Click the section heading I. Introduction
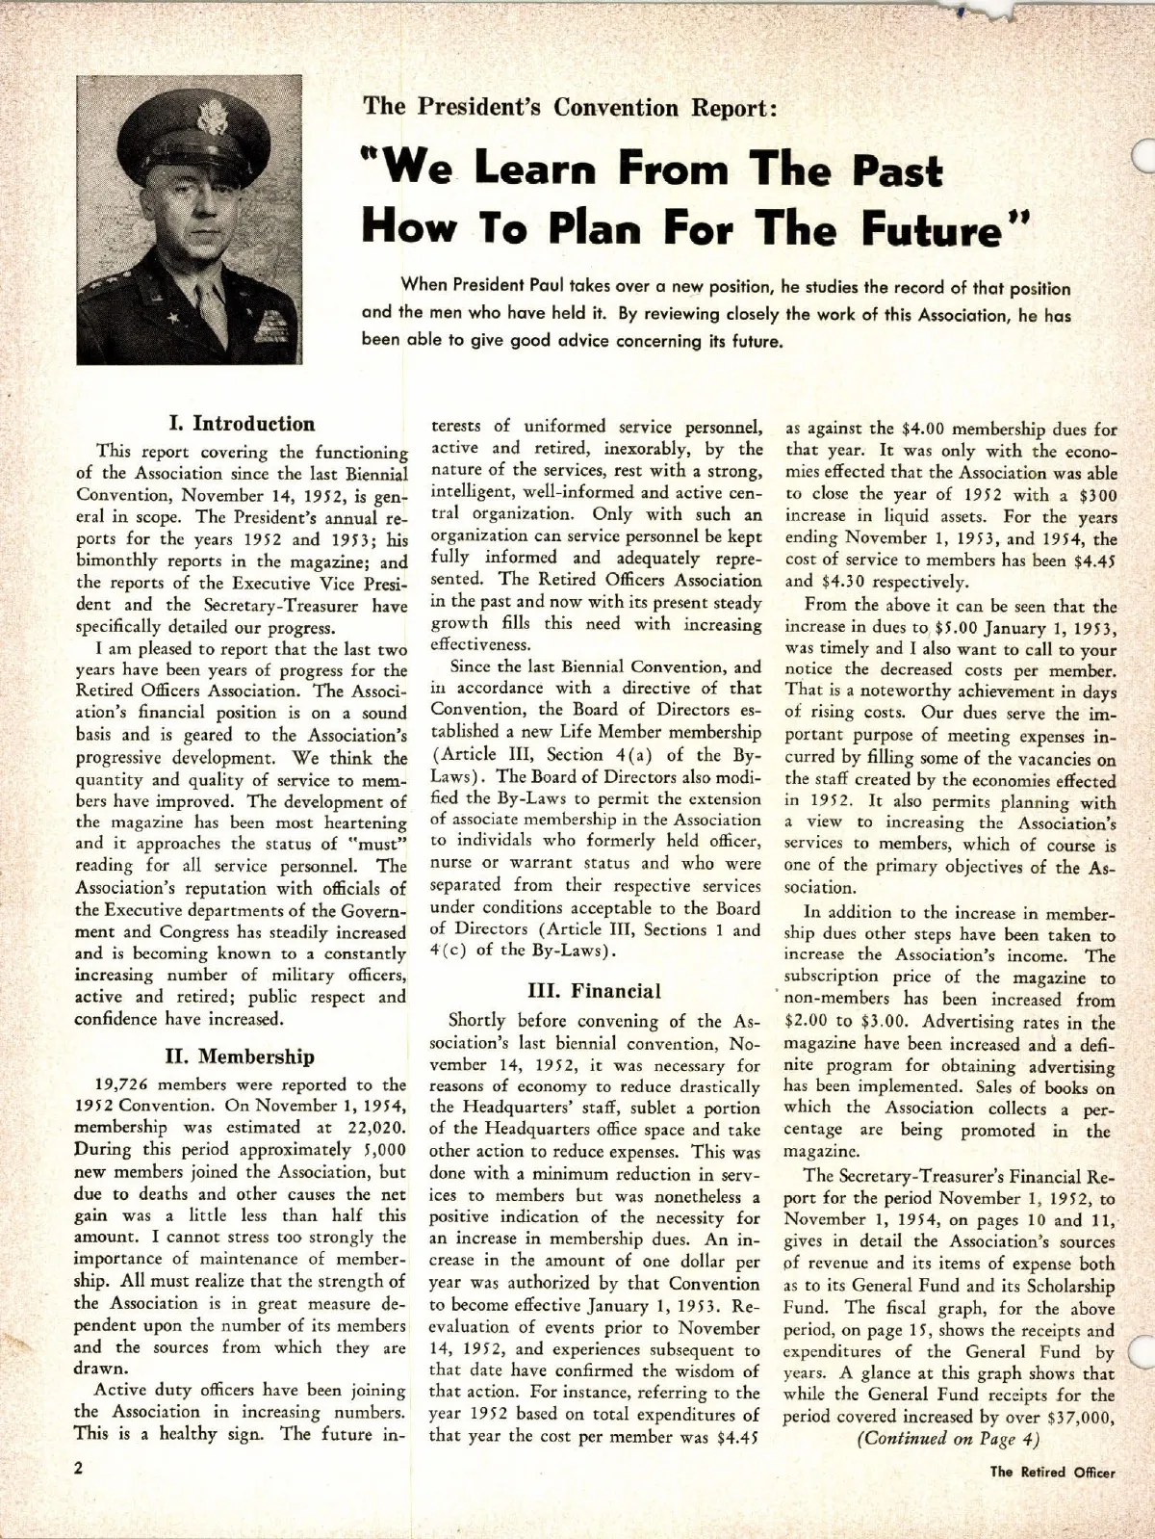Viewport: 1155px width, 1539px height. pos(242,424)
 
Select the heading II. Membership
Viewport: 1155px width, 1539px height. pos(240,1056)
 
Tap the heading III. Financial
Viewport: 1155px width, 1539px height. pos(595,991)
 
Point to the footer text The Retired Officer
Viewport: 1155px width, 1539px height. pos(1053,1500)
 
